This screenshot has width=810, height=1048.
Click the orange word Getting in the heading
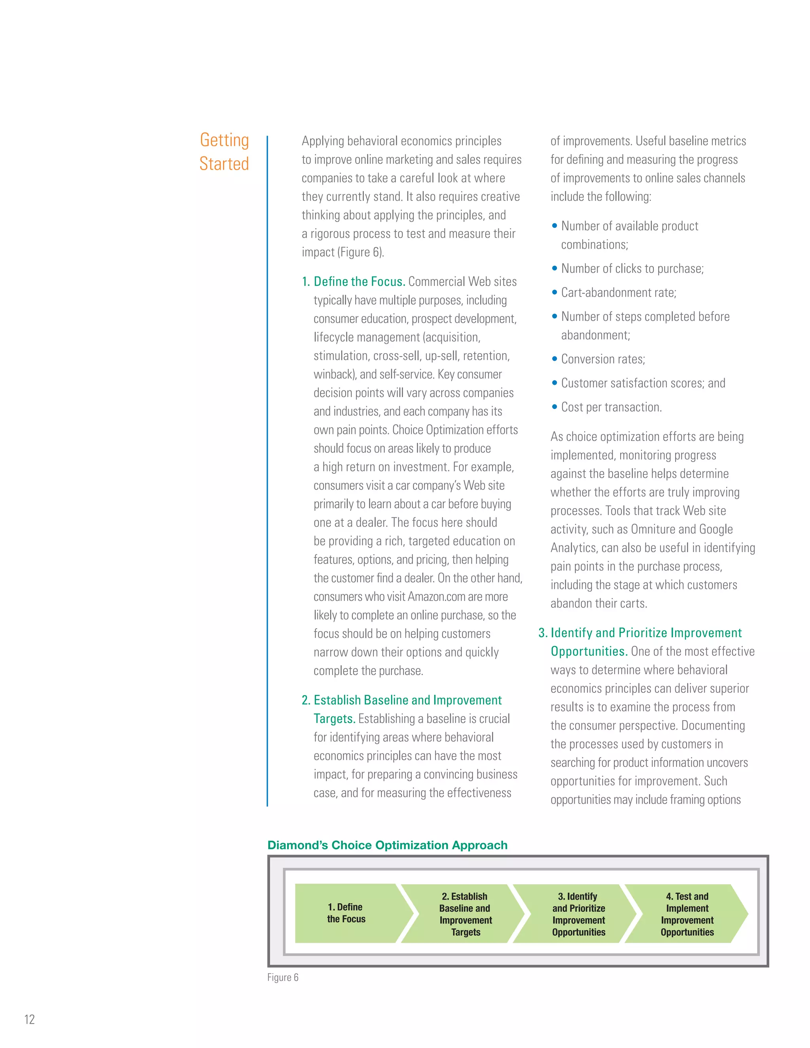(224, 140)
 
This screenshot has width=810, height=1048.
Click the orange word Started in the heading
(224, 164)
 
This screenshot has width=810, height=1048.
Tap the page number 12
(30, 1019)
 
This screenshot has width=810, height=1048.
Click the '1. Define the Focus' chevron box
(346, 913)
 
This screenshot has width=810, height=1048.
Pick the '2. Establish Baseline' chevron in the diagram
(464, 914)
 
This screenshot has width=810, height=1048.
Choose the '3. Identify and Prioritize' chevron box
(578, 914)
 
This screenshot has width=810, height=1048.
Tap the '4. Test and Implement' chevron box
(687, 914)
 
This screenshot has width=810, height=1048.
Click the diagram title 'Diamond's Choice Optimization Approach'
(387, 845)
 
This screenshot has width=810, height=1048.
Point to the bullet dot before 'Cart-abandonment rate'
(555, 292)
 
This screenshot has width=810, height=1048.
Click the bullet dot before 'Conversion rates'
(555, 359)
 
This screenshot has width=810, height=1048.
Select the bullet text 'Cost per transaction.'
(611, 407)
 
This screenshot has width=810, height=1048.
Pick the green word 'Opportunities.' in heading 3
(589, 652)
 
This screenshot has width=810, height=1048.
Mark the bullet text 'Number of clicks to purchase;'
(632, 269)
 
